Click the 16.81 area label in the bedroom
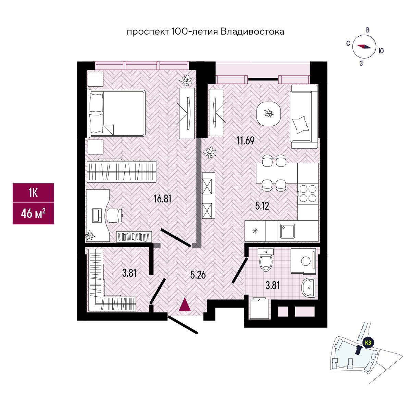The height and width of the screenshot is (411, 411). tap(162, 199)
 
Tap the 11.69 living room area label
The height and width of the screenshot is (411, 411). tap(246, 140)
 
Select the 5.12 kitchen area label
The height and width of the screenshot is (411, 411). tap(262, 206)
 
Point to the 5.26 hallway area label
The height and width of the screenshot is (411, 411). tap(198, 274)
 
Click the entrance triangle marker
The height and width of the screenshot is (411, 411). tap(185, 304)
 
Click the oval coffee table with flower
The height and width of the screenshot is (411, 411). tap(269, 113)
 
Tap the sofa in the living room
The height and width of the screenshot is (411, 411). tap(303, 116)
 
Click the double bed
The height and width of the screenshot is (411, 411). tap(117, 112)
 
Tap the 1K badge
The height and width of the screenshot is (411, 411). tap(33, 193)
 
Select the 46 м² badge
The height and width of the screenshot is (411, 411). tap(33, 214)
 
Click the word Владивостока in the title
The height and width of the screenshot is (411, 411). tap(252, 32)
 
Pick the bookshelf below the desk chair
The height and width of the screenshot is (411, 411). tap(134, 236)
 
